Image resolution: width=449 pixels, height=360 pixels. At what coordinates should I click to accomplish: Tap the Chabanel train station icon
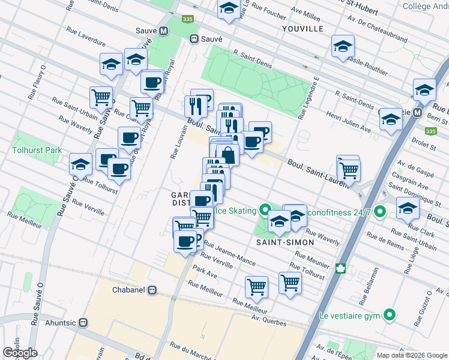153,290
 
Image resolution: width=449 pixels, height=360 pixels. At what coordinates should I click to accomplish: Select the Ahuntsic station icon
83,322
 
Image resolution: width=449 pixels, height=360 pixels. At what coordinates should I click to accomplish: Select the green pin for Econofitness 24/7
379,212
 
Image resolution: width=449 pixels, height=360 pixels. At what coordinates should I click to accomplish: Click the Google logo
20,353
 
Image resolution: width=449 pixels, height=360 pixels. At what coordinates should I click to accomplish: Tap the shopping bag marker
228,154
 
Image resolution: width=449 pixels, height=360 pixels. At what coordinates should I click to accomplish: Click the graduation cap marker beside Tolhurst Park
80,164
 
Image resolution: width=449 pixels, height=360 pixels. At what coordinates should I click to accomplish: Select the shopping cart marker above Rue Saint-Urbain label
101,97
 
